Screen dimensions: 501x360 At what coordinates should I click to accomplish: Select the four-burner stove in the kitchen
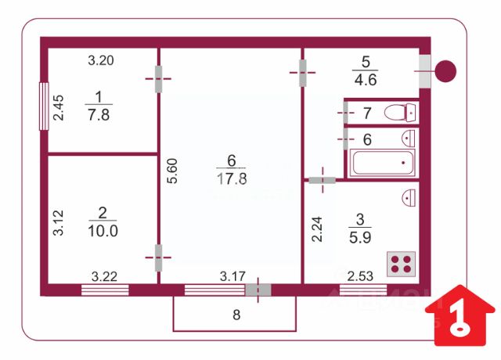pyautogui.click(x=402, y=264)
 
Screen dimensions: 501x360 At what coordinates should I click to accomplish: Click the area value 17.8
pyautogui.click(x=231, y=178)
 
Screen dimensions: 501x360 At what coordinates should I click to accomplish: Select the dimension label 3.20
pyautogui.click(x=101, y=59)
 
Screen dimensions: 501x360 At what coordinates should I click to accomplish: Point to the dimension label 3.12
pyautogui.click(x=58, y=223)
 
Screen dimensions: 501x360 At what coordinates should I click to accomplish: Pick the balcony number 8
pyautogui.click(x=235, y=315)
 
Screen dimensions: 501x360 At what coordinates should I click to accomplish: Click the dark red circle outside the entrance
pyautogui.click(x=445, y=71)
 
